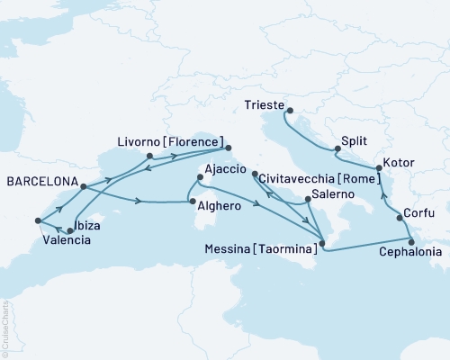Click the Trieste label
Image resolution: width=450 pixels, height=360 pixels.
[x=265, y=103]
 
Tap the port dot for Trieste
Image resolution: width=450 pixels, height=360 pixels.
[x=289, y=111]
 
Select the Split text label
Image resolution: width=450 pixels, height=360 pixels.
[x=354, y=141]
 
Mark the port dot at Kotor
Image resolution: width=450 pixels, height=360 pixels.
[x=378, y=168]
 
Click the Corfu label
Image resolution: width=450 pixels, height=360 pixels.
[x=420, y=213]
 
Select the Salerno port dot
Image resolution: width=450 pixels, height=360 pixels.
[x=309, y=198]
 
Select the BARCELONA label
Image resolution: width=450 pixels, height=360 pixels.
[x=40, y=179]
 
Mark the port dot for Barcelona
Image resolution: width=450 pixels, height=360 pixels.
[x=82, y=187]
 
